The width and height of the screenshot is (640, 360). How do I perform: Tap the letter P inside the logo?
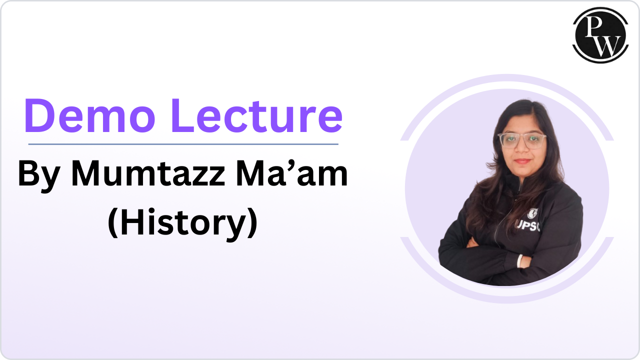coord(594,28)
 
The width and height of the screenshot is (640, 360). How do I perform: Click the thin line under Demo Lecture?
coord(183,144)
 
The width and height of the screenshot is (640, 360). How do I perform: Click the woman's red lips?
coord(521,161)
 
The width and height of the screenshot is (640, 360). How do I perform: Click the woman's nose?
coord(521,149)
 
